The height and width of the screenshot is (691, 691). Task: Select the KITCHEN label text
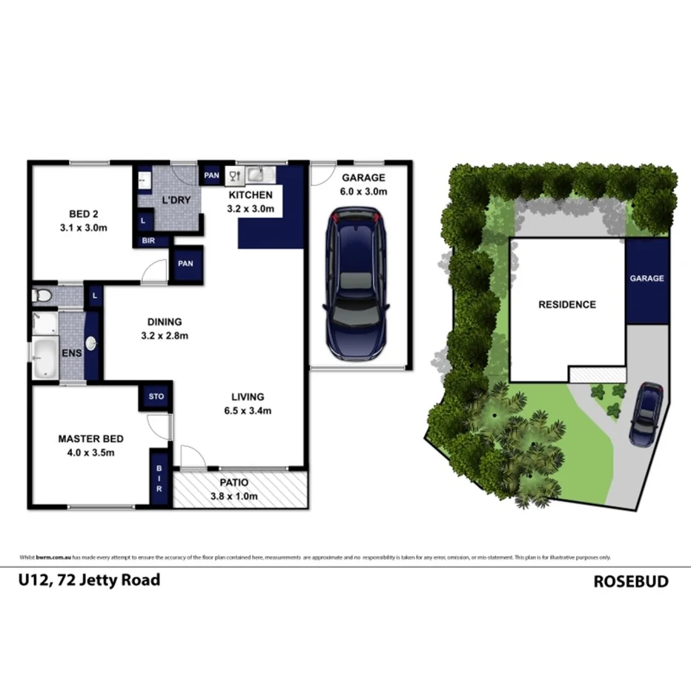click(250, 195)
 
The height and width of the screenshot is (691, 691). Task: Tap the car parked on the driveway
click(647, 413)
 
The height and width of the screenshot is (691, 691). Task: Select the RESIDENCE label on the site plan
click(566, 304)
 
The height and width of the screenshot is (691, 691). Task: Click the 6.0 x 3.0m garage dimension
click(363, 191)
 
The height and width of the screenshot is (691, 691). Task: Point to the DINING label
click(165, 322)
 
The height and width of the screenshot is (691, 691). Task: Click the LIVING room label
click(247, 397)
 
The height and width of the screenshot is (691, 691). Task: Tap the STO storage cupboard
click(156, 397)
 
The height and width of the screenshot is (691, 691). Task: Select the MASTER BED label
click(90, 439)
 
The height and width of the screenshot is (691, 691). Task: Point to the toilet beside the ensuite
click(43, 296)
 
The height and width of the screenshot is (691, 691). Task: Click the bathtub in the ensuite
click(44, 360)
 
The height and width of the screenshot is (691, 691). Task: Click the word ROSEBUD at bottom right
click(630, 581)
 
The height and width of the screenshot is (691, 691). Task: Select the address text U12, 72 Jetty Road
click(88, 580)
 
